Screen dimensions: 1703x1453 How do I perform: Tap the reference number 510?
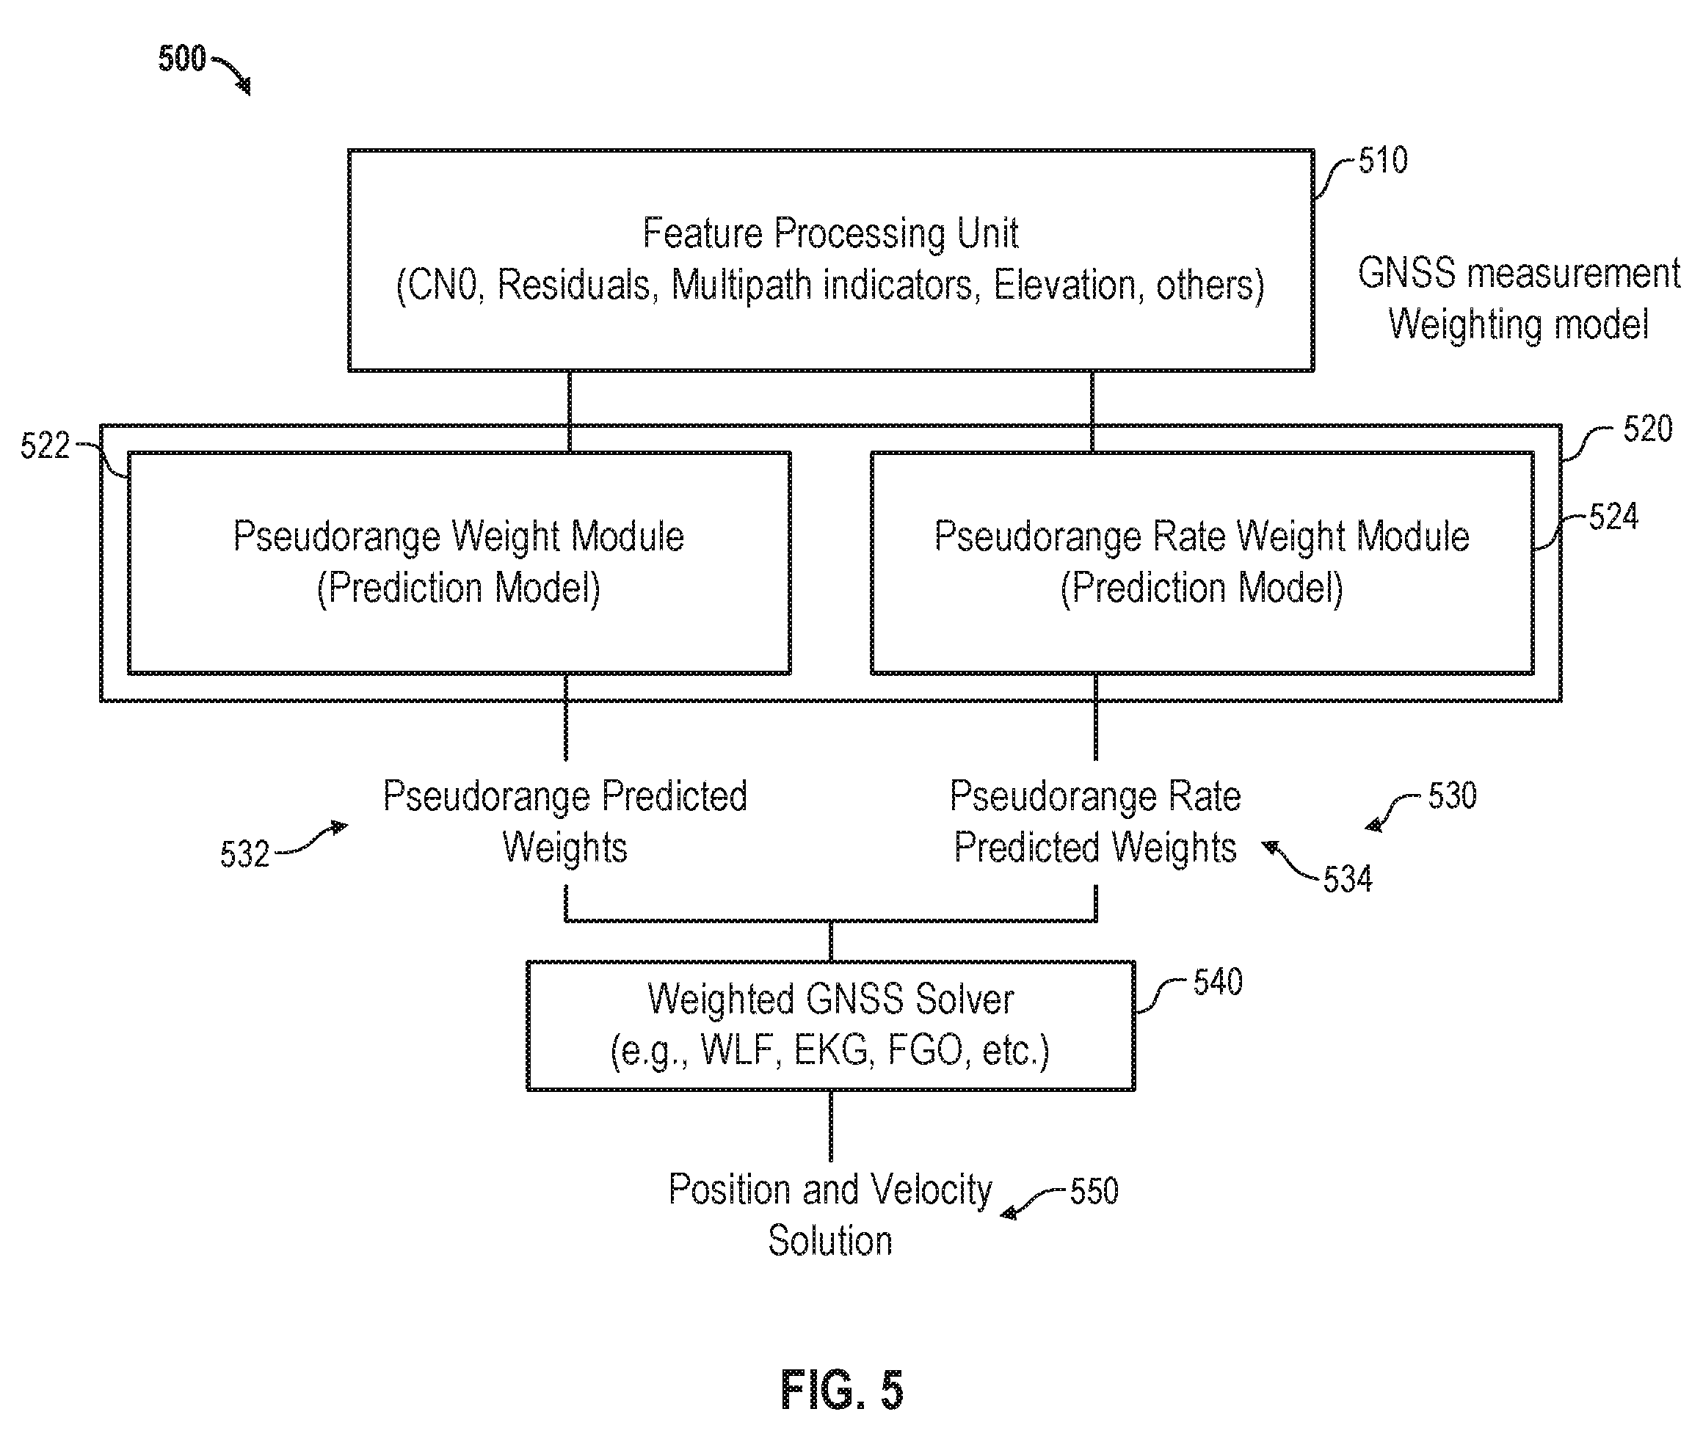pos(1382,160)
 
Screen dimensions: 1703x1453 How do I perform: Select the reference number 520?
pos(1647,429)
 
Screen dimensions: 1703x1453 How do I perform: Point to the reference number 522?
pos(46,446)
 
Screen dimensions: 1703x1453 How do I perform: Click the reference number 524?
pos(1613,517)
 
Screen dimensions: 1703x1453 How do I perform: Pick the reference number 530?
pos(1452,795)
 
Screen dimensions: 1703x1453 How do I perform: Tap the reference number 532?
pos(245,855)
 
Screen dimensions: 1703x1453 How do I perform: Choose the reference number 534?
pos(1348,879)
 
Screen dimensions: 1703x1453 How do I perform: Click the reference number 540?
pos(1218,982)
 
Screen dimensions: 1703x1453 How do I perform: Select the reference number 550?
pos(1094,1191)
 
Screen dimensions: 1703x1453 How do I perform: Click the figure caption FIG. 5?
pos(842,1391)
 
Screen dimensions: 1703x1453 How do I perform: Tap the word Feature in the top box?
pos(702,233)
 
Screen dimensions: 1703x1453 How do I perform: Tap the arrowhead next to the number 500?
pos(244,84)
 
